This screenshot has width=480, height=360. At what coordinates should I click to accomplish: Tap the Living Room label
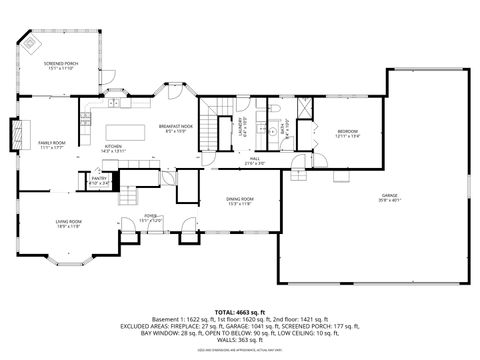pyautogui.click(x=68, y=223)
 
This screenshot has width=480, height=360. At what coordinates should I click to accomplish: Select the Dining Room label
pyautogui.click(x=238, y=201)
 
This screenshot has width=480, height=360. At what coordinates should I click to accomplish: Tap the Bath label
pyautogui.click(x=284, y=127)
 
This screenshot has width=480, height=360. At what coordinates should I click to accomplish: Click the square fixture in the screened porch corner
pyautogui.click(x=33, y=44)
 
